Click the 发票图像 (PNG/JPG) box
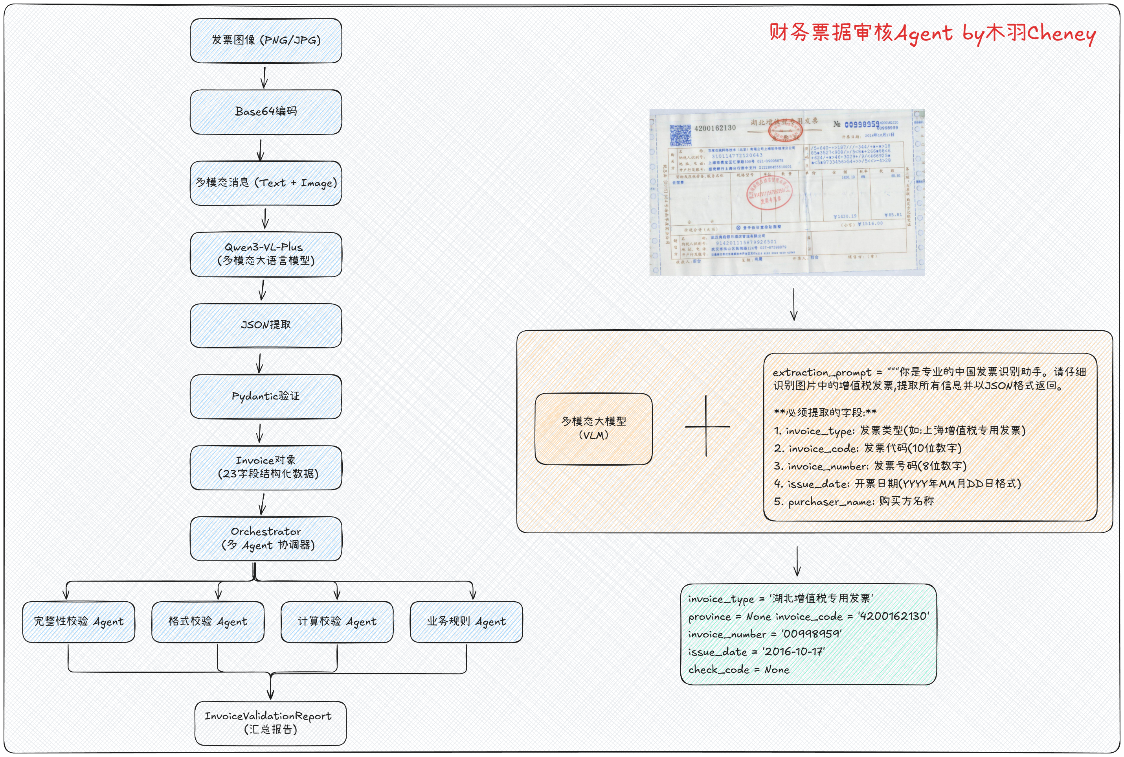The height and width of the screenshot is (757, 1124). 266,41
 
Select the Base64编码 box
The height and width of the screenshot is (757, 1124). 266,112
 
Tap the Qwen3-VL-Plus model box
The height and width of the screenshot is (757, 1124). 266,254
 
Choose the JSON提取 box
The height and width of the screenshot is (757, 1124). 266,325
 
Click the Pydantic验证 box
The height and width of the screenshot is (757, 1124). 266,396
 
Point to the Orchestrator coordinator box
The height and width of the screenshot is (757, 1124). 266,538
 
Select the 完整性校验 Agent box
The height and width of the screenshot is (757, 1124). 79,622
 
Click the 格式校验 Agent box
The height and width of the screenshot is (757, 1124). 208,622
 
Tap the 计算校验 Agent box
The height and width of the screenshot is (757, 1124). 337,622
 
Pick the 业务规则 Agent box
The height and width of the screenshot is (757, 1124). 466,622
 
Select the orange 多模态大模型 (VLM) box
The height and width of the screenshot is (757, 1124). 593,429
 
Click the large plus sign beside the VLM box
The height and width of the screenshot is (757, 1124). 706,426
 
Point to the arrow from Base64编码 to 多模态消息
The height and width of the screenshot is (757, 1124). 261,150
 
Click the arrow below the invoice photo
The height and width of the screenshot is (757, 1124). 794,304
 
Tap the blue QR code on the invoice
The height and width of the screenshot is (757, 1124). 680,135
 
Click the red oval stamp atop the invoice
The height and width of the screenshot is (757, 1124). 785,129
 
